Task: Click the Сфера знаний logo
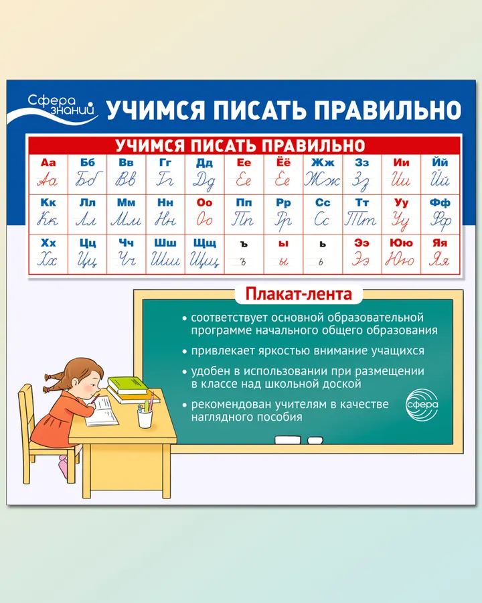54,109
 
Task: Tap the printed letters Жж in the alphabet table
323,163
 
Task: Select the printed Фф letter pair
440,202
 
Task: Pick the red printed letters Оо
204,202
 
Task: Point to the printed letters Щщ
204,243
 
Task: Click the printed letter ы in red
283,244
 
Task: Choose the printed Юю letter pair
401,243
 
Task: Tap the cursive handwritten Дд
204,181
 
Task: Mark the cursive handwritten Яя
439,260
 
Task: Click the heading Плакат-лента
299,294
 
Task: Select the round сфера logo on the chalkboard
422,405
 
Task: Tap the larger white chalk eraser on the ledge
287,440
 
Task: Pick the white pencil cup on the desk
145,418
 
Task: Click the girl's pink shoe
64,466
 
